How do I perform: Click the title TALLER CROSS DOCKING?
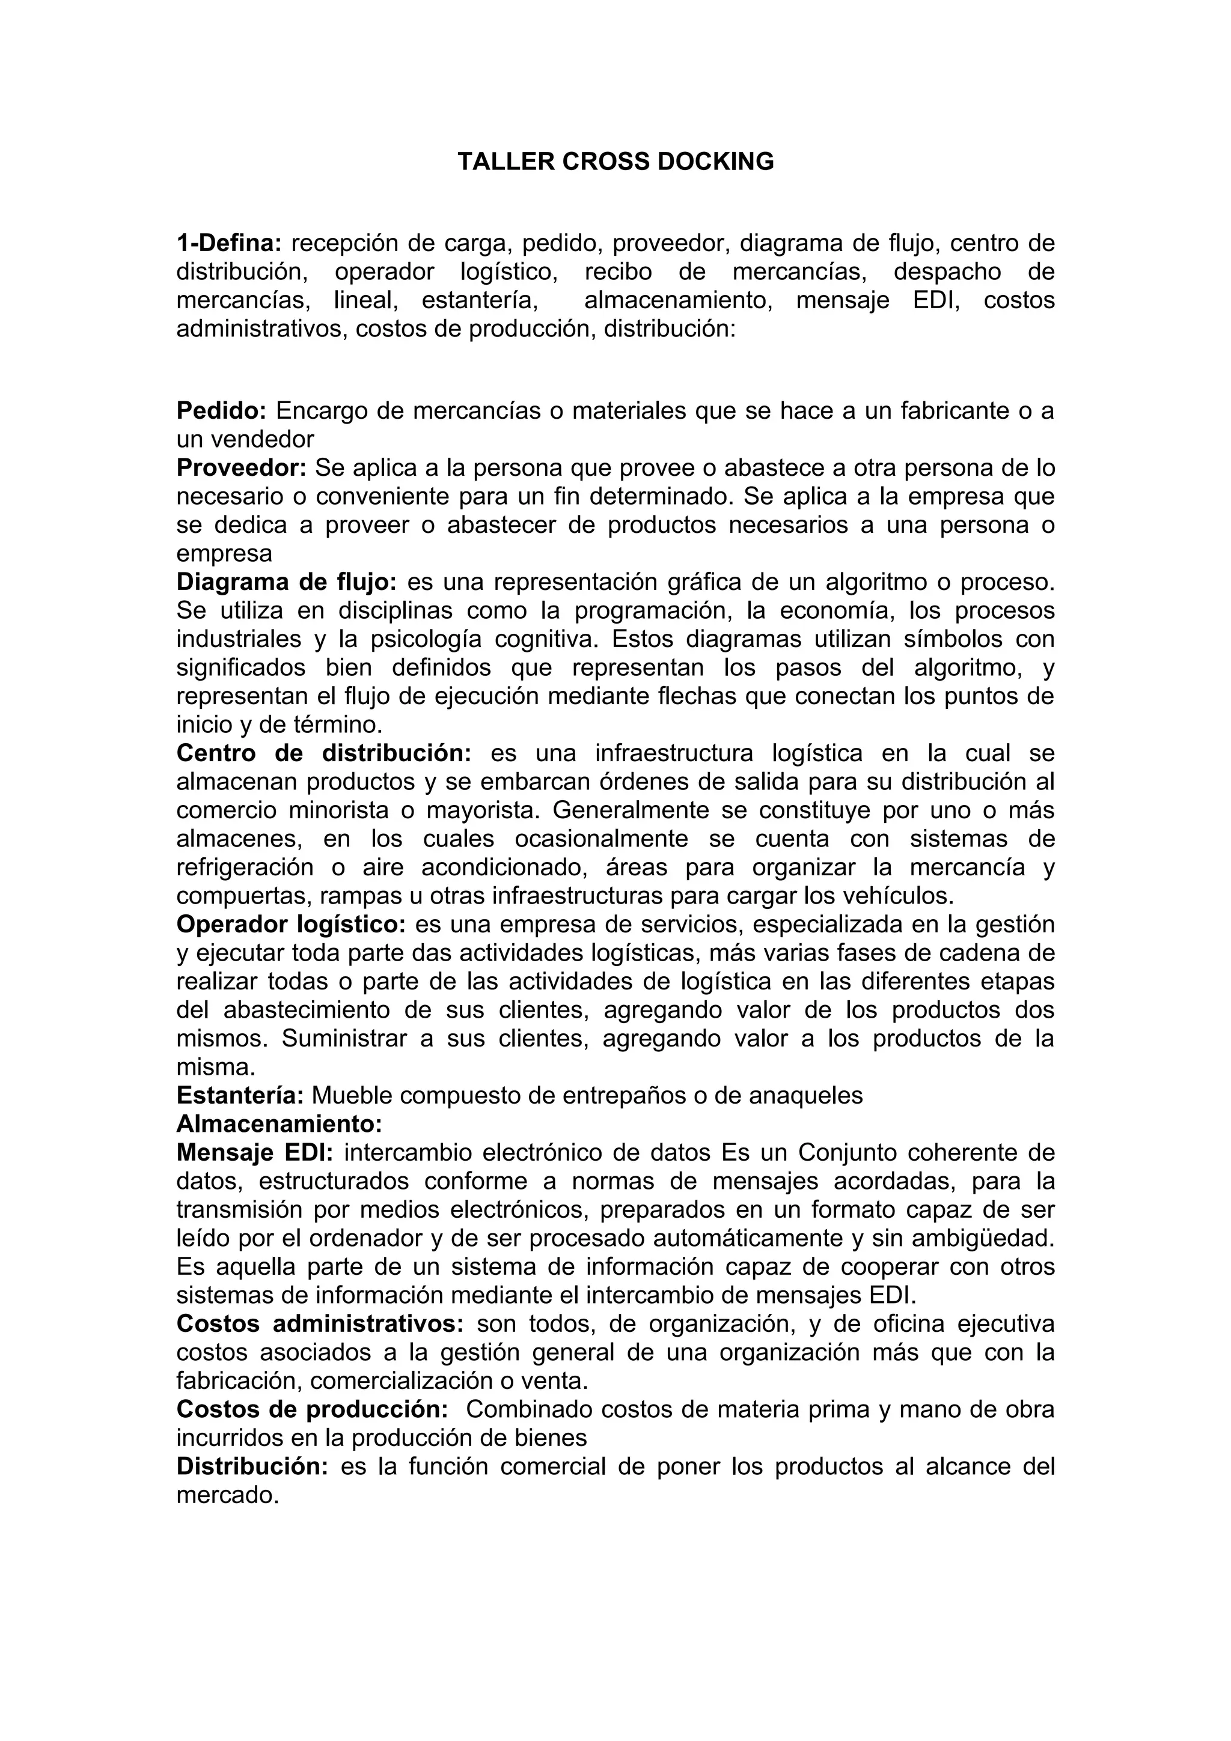pos(615,162)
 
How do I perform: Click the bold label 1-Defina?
pos(229,243)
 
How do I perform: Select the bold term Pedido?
pos(221,411)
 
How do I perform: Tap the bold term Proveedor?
pos(241,468)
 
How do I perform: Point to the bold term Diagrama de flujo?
pos(287,582)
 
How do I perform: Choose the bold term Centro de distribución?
pos(324,753)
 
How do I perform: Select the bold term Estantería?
pos(240,1095)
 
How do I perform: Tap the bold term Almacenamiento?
pos(279,1123)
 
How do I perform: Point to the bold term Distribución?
pos(252,1466)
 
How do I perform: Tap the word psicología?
pos(426,639)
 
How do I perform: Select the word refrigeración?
pos(245,867)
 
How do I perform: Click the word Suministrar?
pos(345,1038)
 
